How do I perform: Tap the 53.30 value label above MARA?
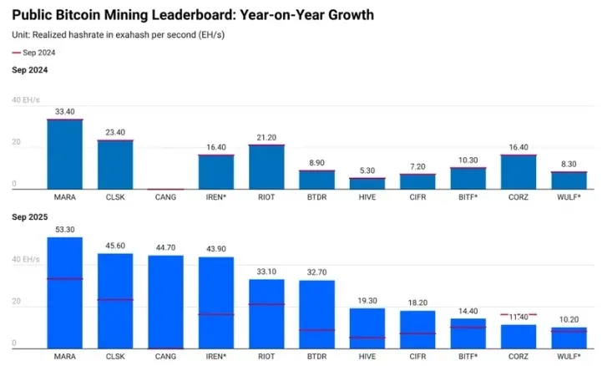[64, 230]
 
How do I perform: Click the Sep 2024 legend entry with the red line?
[33, 53]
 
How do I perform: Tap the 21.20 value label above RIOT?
[266, 137]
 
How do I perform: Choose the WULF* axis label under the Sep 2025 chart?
[569, 356]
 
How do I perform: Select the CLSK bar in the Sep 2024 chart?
[115, 165]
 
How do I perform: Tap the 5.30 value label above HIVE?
[367, 171]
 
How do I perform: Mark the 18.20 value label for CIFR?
[417, 302]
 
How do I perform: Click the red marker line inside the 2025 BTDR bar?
[316, 330]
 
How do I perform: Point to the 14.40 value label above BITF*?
[468, 311]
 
